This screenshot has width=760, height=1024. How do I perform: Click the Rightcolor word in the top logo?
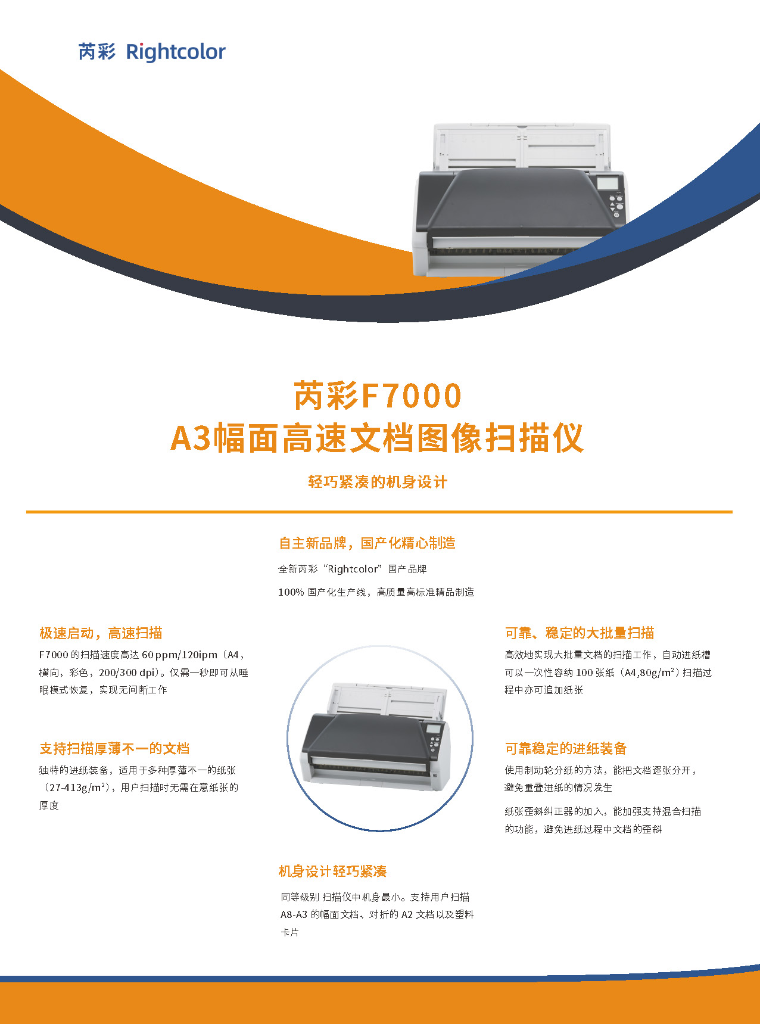176,52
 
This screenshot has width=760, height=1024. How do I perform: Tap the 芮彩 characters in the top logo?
96,52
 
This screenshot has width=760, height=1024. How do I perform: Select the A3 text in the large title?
190,438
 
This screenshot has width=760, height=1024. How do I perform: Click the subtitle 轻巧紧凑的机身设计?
378,482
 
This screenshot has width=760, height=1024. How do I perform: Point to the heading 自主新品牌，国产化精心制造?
367,543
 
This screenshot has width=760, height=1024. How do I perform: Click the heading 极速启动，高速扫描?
101,633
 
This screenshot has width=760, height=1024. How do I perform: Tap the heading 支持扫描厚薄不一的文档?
114,749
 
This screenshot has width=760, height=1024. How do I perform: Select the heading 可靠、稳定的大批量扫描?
580,633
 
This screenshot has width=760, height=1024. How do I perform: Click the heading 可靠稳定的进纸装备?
566,749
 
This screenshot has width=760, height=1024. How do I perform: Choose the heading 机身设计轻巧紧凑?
333,872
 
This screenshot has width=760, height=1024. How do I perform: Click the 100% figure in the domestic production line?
291,592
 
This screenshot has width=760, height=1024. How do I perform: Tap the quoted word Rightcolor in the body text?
353,569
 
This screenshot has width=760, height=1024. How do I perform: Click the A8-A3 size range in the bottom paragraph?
294,914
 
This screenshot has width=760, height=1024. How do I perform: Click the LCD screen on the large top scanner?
608,183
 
